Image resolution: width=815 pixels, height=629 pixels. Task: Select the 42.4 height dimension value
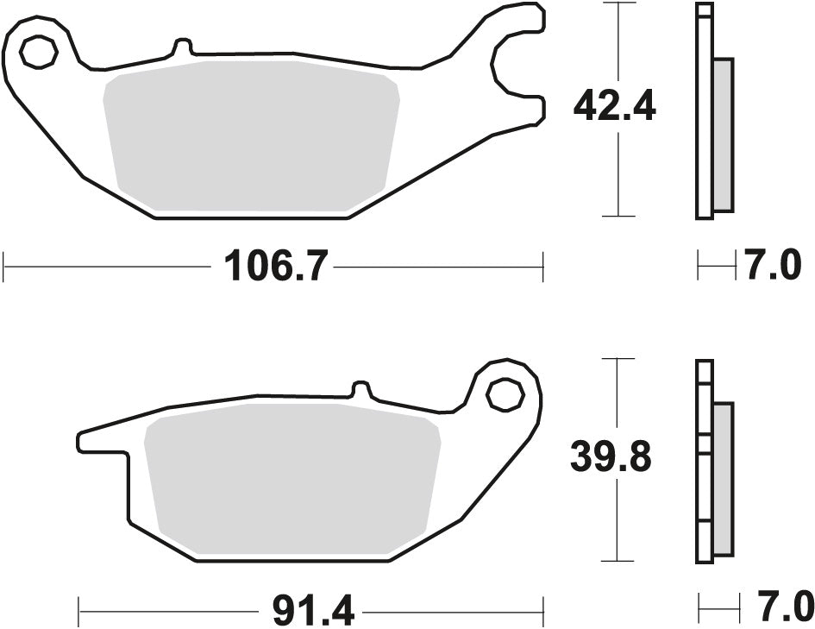point(615,107)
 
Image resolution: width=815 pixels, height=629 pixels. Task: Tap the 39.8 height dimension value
point(611,457)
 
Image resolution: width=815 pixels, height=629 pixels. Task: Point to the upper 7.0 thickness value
point(773,267)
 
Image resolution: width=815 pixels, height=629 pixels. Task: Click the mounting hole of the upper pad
point(38,53)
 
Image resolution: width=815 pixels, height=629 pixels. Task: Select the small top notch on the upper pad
point(182,48)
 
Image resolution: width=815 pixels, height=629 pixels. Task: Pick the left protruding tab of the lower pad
point(103,438)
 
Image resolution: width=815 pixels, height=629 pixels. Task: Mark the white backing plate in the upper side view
point(705,112)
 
